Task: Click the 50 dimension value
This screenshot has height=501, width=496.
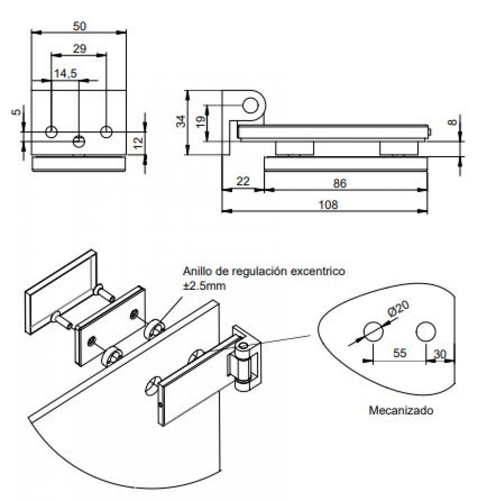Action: click(x=79, y=26)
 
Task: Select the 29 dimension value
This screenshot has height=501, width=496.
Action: click(x=79, y=48)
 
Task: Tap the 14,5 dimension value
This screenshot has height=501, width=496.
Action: click(x=65, y=73)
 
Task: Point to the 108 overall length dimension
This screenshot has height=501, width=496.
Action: click(x=329, y=205)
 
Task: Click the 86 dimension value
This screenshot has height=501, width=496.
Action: click(x=339, y=183)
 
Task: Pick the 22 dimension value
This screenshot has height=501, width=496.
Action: click(x=243, y=181)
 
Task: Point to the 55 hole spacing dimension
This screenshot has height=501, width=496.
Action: click(x=400, y=353)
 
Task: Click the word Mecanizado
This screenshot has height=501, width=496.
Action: click(x=401, y=410)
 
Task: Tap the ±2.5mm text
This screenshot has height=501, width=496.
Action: click(x=204, y=286)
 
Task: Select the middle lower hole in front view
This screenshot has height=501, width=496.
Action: click(x=79, y=141)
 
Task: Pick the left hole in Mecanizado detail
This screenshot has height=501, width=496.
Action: click(x=373, y=332)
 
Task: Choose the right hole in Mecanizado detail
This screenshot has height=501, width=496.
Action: click(x=426, y=332)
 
